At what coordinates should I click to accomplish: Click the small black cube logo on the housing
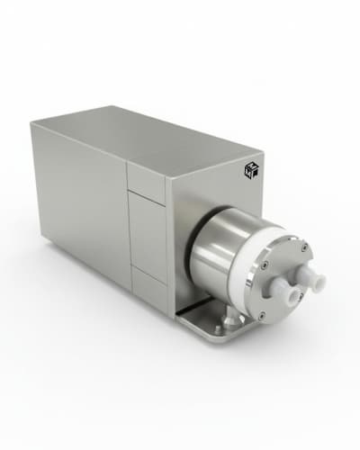point(251,169)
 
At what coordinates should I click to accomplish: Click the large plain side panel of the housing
point(81,207)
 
